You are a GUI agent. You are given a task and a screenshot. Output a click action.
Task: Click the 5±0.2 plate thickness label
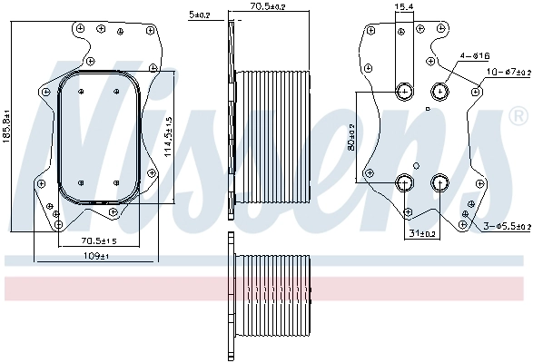click(199, 15)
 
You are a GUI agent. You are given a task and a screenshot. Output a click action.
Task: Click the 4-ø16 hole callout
click(476, 56)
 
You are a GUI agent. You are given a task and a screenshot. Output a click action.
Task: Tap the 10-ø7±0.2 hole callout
click(507, 71)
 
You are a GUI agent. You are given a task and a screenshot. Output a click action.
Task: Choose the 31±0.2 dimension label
click(423, 233)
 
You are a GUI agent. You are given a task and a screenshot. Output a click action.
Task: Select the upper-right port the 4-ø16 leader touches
click(440, 90)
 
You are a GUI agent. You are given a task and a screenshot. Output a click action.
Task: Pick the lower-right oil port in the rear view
click(440, 182)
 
